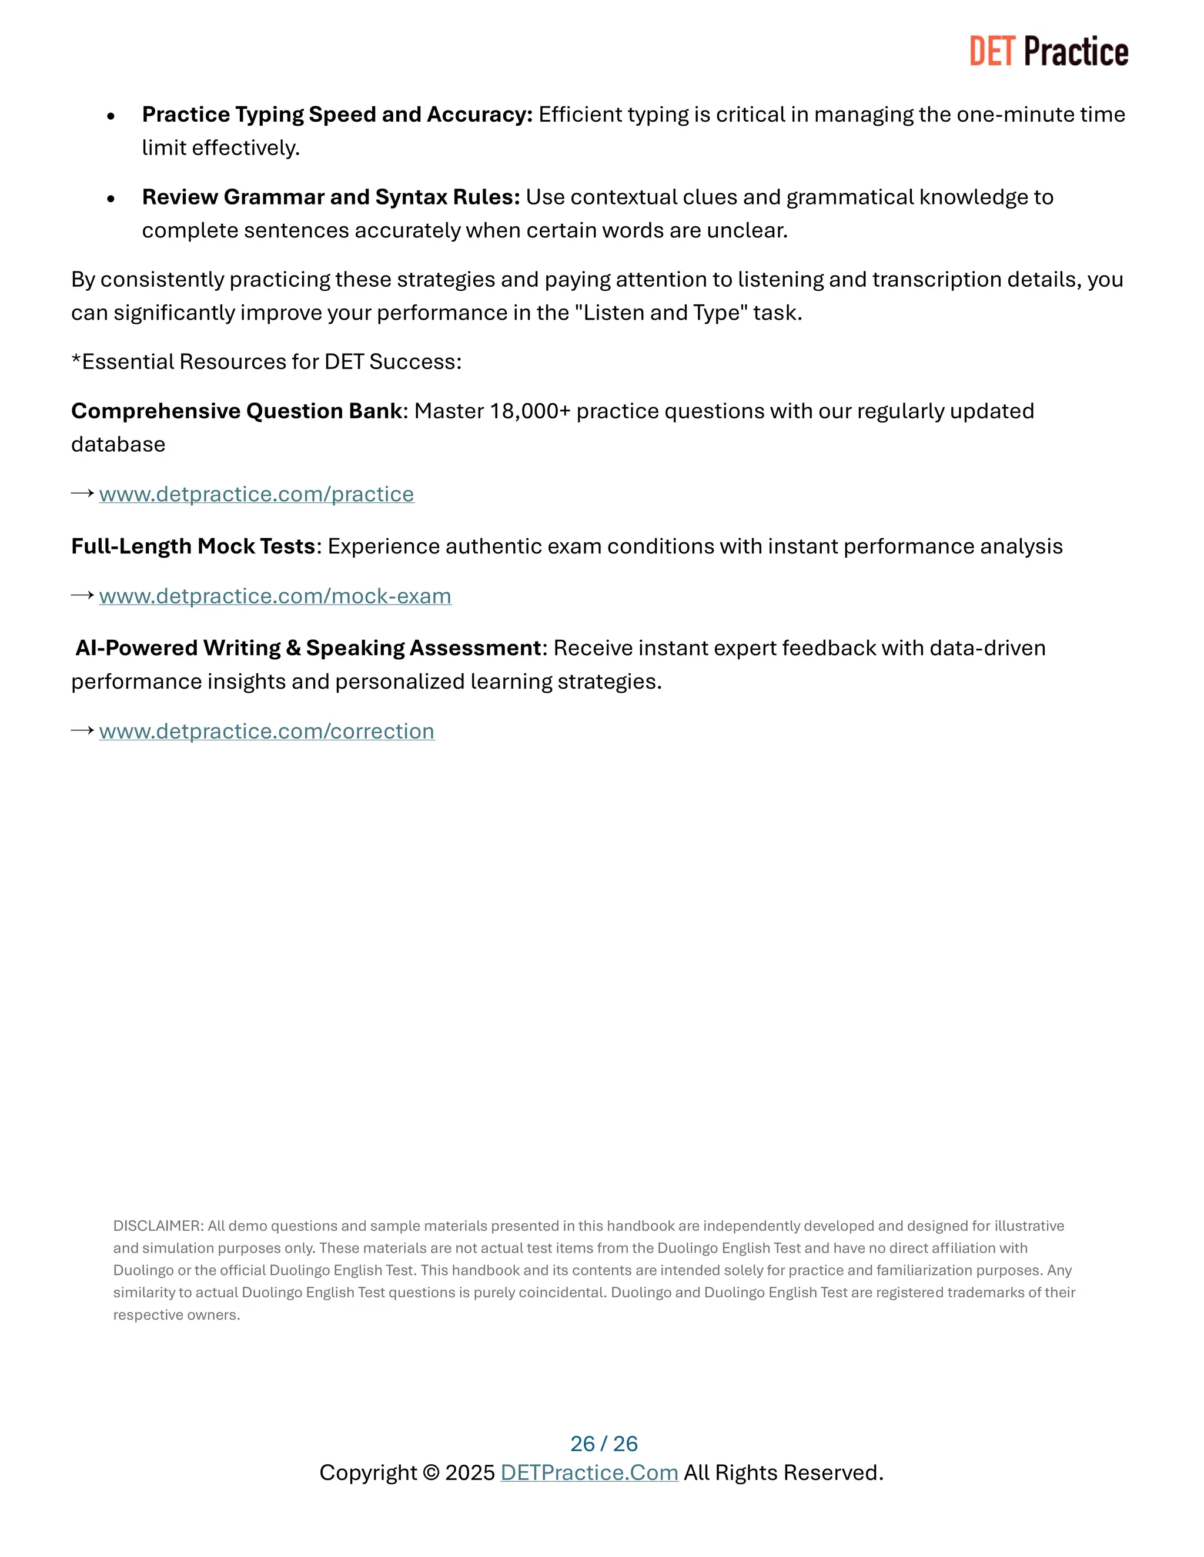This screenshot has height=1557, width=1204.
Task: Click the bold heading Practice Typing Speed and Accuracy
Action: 337,114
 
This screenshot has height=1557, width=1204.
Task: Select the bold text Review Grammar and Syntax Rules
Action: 330,197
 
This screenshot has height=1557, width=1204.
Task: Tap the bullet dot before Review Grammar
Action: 111,199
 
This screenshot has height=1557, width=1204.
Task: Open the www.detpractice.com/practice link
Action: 256,494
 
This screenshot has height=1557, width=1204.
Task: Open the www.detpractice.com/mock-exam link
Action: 275,596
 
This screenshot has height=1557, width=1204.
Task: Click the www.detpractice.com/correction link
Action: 266,731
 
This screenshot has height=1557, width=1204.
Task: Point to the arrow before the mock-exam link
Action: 83,595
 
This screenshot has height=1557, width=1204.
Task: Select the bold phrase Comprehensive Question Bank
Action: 236,411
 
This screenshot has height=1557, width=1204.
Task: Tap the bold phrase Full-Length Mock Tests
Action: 193,546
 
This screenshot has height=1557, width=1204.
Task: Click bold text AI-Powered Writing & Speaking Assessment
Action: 308,648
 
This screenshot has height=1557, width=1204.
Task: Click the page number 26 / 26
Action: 603,1444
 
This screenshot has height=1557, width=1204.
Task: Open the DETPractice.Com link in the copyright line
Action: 588,1473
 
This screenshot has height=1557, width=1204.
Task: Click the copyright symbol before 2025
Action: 430,1473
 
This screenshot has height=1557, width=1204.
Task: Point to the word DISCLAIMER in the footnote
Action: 158,1226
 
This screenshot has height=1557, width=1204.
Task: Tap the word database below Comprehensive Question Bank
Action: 118,445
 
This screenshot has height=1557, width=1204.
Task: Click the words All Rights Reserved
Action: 782,1473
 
